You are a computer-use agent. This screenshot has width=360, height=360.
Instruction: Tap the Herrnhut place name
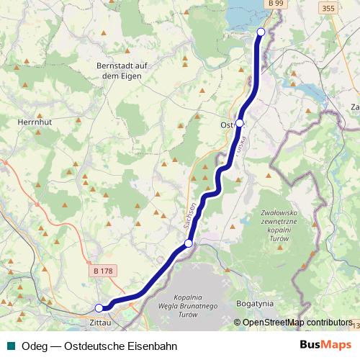(x=32, y=122)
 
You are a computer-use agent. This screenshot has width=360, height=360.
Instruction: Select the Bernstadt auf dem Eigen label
(x=122, y=71)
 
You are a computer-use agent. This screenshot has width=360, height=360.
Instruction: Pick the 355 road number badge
(x=328, y=9)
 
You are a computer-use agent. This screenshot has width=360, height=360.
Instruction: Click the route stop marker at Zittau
(x=99, y=308)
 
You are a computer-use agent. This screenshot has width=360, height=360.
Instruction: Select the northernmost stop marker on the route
(x=261, y=32)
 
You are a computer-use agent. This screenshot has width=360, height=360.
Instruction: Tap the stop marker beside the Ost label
(x=240, y=123)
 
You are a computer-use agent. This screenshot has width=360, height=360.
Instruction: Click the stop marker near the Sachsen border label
(x=189, y=244)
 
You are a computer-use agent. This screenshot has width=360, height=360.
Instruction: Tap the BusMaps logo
(x=325, y=344)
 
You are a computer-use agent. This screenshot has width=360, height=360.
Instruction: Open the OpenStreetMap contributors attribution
(x=297, y=323)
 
